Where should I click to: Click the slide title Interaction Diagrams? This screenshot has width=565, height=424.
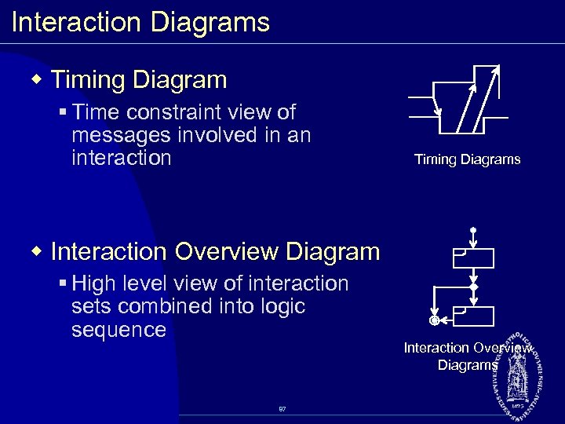coord(140,22)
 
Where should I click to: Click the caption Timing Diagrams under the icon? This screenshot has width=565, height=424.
coord(467,159)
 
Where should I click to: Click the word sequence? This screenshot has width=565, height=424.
coord(118,330)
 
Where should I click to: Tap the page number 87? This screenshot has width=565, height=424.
coord(282,408)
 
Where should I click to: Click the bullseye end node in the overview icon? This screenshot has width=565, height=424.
coord(433,320)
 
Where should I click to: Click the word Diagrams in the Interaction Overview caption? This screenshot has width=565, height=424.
coord(467,365)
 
